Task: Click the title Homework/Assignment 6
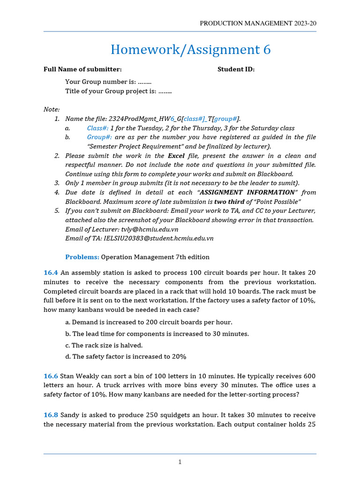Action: tap(190, 50)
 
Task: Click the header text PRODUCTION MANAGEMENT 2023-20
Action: tap(258, 23)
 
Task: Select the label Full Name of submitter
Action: tap(82, 69)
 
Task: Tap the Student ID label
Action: tap(236, 69)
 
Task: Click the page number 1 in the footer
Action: tap(180, 462)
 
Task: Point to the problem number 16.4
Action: tap(50, 273)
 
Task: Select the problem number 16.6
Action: tap(50, 376)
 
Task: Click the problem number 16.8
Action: tap(50, 415)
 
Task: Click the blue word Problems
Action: tap(82, 257)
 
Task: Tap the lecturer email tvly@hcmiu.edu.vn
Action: tap(150, 229)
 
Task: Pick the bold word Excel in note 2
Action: tap(176, 156)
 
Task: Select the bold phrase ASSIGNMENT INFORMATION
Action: tap(247, 192)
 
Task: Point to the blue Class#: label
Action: tap(97, 128)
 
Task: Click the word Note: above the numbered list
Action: tap(52, 109)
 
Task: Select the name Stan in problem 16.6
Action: tap(67, 376)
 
